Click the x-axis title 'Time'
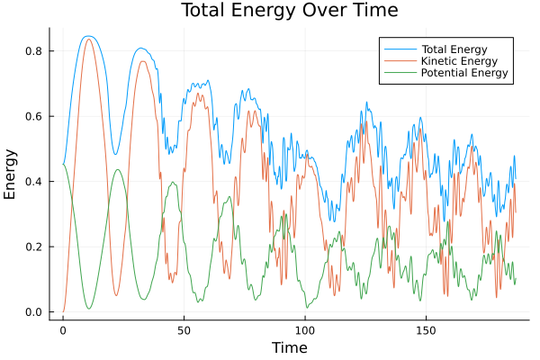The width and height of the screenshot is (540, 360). click(289, 347)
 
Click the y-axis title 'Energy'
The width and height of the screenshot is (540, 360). click(11, 174)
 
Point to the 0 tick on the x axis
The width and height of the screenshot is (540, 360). click(63, 330)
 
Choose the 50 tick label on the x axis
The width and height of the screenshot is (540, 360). click(184, 330)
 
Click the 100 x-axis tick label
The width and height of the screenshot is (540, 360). click(305, 330)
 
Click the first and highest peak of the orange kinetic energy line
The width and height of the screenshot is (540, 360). click(88, 39)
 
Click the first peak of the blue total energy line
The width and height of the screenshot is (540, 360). click(87, 36)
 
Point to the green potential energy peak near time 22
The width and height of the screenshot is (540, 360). click(117, 169)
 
